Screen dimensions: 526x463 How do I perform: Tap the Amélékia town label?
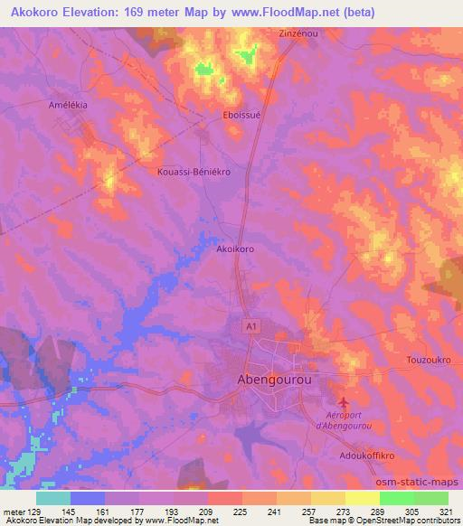[x=68, y=105]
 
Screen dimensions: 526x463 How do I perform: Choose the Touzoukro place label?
[x=404, y=360]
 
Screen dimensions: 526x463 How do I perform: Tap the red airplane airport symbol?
[x=341, y=400]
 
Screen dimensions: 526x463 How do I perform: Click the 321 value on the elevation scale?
[x=448, y=512]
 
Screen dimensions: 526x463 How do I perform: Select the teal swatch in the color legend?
[x=53, y=498]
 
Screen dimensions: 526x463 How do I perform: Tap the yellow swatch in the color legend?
[x=362, y=498]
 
